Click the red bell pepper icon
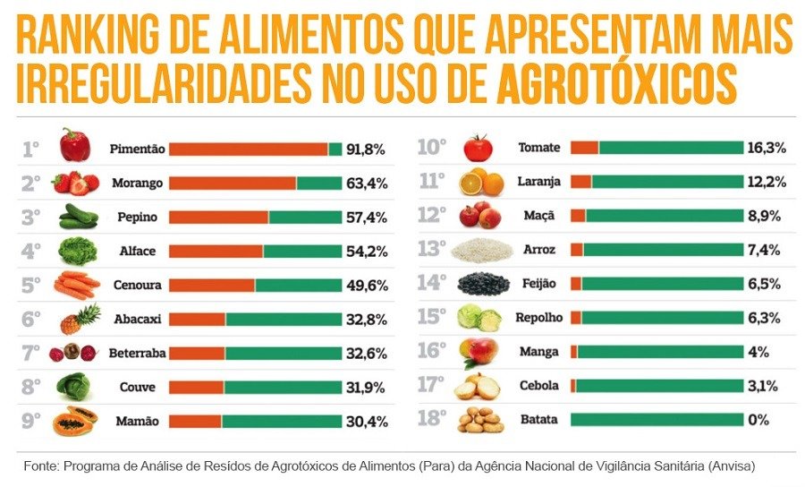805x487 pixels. [75, 145]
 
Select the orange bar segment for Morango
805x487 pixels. [233, 184]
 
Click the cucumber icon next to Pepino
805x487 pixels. [78, 217]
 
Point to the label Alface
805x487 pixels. [137, 252]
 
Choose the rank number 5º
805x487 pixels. [31, 286]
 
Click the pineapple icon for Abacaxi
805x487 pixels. [80, 319]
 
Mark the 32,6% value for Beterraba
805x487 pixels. [367, 354]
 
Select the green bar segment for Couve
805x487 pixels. [283, 388]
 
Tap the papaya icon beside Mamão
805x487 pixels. [76, 420]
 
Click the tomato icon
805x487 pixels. [478, 148]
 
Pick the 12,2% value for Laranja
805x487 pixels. [767, 182]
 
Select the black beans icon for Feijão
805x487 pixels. [483, 285]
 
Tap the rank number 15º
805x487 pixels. [431, 317]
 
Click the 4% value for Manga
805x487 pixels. [758, 352]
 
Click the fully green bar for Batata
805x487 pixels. [657, 419]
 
